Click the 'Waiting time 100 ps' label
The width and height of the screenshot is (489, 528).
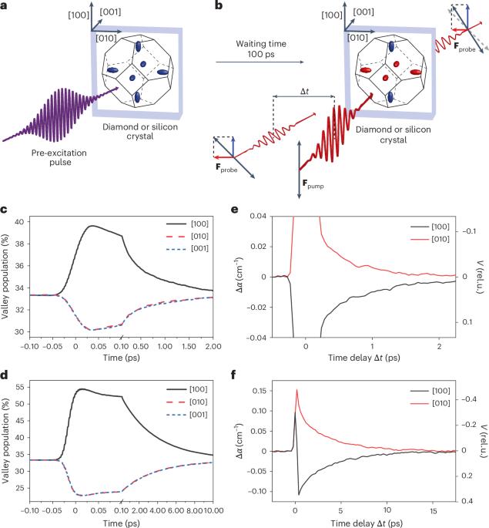click(261, 49)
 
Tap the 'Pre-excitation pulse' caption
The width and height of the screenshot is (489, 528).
click(59, 157)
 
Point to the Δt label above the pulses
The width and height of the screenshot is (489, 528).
click(304, 91)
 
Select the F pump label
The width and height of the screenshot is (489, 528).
click(313, 184)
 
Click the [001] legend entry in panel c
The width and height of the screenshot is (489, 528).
click(187, 248)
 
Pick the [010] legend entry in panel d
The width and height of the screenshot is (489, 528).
click(187, 402)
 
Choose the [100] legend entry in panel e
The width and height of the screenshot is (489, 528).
click(430, 227)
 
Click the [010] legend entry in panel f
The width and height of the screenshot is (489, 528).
click(430, 403)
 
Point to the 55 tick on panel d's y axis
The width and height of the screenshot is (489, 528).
click(20, 387)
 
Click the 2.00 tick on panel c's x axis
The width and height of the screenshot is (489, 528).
click(213, 346)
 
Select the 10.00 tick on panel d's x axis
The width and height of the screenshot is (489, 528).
click(213, 511)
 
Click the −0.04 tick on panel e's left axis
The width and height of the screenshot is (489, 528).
click(256, 338)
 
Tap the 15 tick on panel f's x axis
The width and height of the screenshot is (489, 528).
click(434, 511)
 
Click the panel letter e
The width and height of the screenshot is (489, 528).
click(234, 210)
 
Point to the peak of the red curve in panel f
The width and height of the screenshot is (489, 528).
click(296, 389)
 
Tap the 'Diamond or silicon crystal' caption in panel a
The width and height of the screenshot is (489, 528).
click(140, 131)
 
